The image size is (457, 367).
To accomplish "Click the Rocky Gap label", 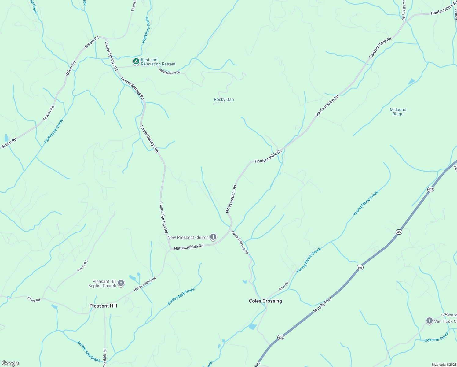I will pos(224,99).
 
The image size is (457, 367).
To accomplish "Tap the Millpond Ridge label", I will pos(398,112).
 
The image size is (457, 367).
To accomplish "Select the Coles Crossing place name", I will pos(265,301).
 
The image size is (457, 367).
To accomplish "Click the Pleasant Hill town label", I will pos(103,306).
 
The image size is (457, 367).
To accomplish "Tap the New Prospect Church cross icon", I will pos(213,237).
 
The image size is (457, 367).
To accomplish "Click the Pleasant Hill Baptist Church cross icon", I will pos(121,283).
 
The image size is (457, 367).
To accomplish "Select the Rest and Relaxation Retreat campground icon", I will pos(136,61).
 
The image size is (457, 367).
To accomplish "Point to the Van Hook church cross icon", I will pos(429,321).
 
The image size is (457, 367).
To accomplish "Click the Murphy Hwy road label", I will pos(322,305).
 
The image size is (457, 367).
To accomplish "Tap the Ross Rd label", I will pos(283,286).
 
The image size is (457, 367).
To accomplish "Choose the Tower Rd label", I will pos(82,266).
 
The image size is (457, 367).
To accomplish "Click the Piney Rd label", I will pos(34,300).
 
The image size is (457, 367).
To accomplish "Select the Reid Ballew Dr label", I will pos(170,71).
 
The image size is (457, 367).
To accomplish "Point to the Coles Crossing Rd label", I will pos(240,242).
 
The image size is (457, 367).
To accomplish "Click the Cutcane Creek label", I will pos(436,337).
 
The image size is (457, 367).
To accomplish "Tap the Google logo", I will pos(10,363).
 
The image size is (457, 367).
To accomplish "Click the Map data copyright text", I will pos(444,365).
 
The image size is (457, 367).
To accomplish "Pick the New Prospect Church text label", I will pos(188,237).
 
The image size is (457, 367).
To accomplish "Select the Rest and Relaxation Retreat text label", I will pos(158,62).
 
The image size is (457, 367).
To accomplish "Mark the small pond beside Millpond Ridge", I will pos(411,81).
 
